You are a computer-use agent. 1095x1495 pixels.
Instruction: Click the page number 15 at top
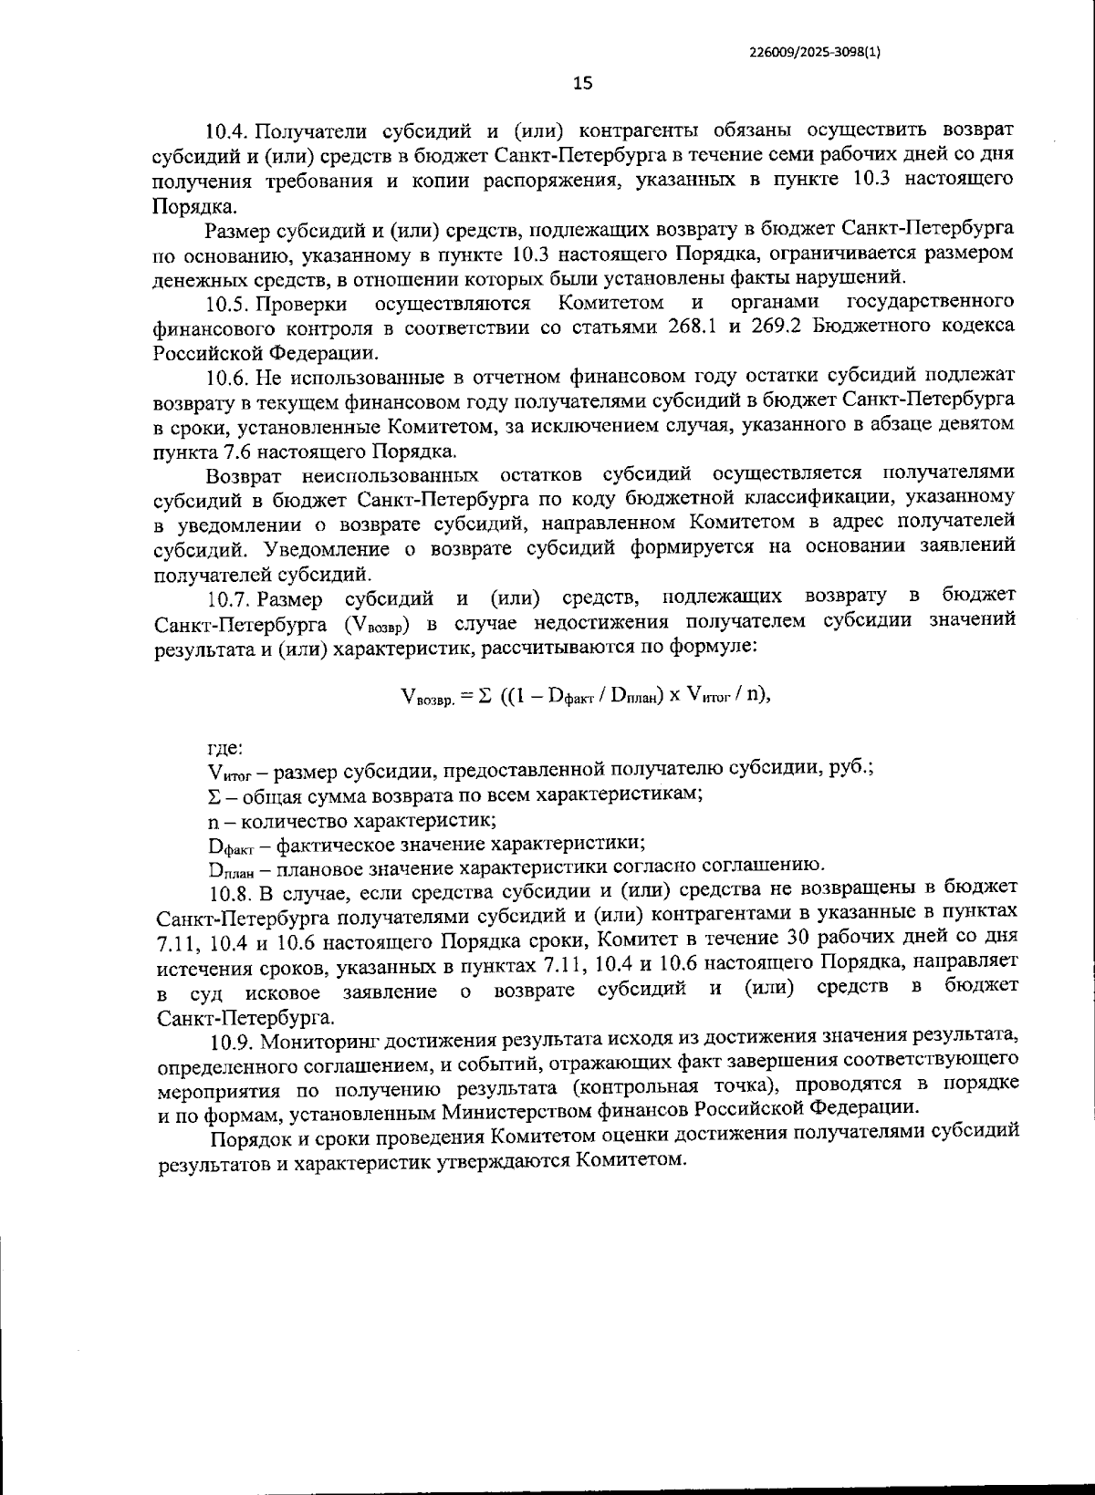click(582, 83)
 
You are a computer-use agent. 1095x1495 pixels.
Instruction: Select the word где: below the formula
click(224, 749)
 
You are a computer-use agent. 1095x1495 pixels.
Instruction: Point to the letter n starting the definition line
click(213, 819)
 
